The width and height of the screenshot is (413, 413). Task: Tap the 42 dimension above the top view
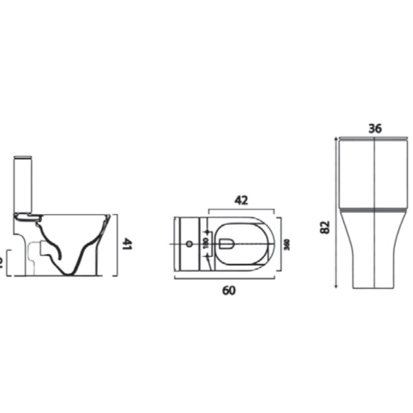[241, 200]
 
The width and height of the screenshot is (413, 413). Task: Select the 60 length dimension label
[229, 291]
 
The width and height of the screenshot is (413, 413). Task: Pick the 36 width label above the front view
[375, 129]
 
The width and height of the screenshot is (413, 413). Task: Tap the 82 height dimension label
[325, 227]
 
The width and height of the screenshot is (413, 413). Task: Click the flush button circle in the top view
[189, 243]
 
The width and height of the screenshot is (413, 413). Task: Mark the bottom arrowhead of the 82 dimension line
[336, 287]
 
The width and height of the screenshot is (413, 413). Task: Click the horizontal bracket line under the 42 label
[241, 209]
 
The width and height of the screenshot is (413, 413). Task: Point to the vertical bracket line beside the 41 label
[118, 244]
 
